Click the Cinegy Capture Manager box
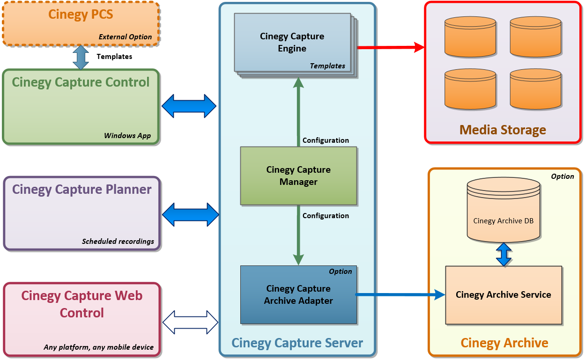[x=298, y=176]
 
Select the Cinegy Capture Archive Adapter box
[x=298, y=294]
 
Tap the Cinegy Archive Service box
[x=503, y=295]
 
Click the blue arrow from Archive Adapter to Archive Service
[x=400, y=294]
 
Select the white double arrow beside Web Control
[x=190, y=322]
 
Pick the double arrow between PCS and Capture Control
[x=81, y=57]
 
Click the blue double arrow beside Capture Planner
[x=190, y=215]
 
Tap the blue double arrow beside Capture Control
[x=189, y=106]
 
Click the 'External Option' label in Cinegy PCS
[x=125, y=37]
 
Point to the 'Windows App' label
[x=127, y=136]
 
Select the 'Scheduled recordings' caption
[x=118, y=242]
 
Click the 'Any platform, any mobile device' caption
[x=98, y=347]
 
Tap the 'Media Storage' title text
[x=503, y=130]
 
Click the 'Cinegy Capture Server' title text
[x=297, y=343]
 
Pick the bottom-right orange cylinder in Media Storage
[x=535, y=89]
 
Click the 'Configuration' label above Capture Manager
[x=326, y=140]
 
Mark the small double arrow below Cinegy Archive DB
[x=503, y=254]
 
